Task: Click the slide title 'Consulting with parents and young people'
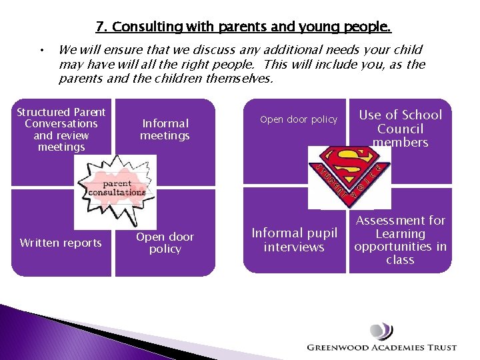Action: pos(243,27)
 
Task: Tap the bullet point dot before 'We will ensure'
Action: pos(41,50)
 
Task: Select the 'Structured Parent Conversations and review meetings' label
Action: pos(61,129)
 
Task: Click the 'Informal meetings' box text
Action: pos(165,129)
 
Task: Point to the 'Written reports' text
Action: pos(61,243)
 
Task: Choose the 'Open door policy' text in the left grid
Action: pos(165,243)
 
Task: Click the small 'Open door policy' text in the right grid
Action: pos(299,119)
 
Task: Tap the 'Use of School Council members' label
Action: pos(400,129)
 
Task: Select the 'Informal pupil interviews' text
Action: pos(294,240)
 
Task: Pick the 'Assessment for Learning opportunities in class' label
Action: pos(400,240)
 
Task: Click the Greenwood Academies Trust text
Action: pos(382,347)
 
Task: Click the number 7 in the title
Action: pos(100,27)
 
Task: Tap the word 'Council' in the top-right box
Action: pos(400,129)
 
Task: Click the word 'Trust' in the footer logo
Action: pos(442,347)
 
